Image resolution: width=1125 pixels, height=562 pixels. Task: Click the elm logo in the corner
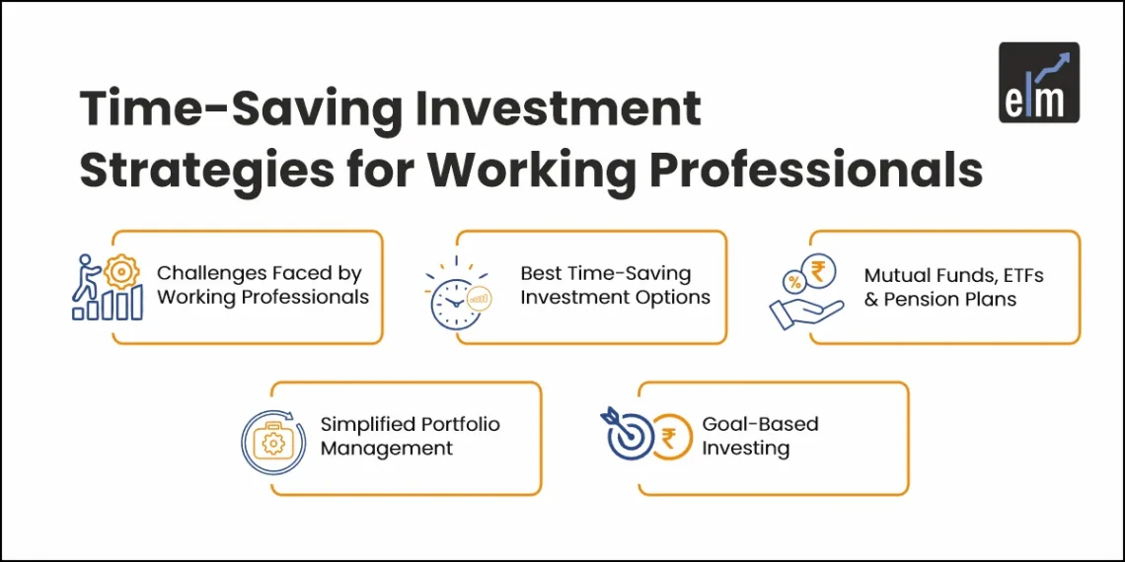point(1038,83)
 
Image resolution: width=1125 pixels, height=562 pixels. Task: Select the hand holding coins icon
point(805,294)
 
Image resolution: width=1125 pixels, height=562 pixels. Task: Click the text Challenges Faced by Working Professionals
point(262,285)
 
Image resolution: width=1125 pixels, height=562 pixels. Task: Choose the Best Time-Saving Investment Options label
point(615,285)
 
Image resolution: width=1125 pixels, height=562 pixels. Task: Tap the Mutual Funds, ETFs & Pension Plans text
point(953,287)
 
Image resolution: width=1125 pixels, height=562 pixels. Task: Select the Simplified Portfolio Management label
point(410,436)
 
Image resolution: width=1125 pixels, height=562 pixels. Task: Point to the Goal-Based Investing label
point(760,436)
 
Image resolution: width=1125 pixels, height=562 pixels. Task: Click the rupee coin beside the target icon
point(671,437)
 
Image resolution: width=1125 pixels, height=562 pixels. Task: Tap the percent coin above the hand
point(792,281)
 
